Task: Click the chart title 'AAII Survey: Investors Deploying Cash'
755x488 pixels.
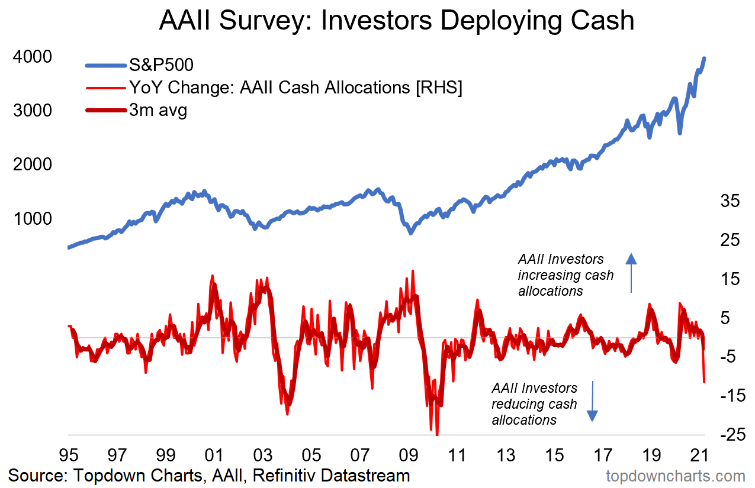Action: pyautogui.click(x=396, y=21)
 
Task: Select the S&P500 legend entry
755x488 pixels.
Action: pyautogui.click(x=162, y=64)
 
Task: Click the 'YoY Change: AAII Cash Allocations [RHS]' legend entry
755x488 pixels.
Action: pyautogui.click(x=295, y=88)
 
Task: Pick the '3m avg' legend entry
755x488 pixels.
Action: pyautogui.click(x=158, y=110)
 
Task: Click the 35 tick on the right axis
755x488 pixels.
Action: pyautogui.click(x=729, y=201)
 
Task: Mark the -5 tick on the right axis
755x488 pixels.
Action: pyautogui.click(x=729, y=357)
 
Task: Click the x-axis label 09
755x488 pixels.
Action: pyautogui.click(x=409, y=456)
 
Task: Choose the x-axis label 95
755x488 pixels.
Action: pyautogui.click(x=69, y=456)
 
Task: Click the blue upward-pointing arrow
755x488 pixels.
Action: pyautogui.click(x=631, y=273)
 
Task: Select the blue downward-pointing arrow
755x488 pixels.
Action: pyautogui.click(x=593, y=402)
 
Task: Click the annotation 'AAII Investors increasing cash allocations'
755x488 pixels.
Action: pyautogui.click(x=566, y=275)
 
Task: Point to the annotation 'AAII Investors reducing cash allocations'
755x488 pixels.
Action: pyautogui.click(x=534, y=404)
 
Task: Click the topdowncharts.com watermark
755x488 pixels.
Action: pyautogui.click(x=676, y=476)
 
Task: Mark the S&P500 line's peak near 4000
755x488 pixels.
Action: pyautogui.click(x=704, y=58)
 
